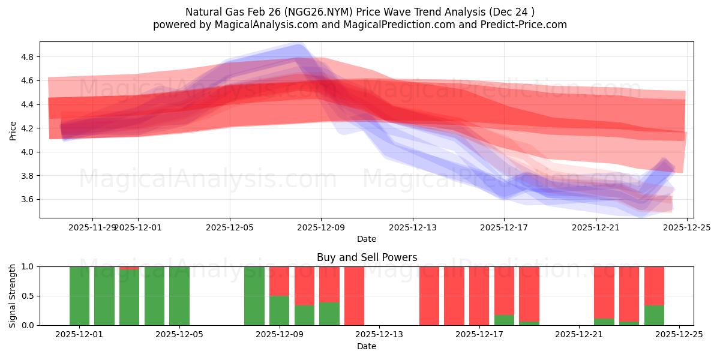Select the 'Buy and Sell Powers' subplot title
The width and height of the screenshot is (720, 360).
click(367, 257)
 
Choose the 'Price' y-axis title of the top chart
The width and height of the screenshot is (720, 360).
click(13, 130)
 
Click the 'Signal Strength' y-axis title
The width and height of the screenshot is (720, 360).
click(13, 296)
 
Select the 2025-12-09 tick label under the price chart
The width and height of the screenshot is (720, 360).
click(321, 227)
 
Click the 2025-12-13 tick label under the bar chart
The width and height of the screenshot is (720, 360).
click(379, 334)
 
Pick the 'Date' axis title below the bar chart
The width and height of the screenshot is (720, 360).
click(367, 346)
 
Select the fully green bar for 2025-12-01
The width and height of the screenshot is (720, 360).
click(79, 296)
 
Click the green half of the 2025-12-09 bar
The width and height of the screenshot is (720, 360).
click(279, 310)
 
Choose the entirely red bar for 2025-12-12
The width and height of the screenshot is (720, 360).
click(354, 296)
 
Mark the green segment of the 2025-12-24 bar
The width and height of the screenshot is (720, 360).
click(654, 316)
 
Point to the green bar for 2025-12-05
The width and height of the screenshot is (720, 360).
click(179, 296)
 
